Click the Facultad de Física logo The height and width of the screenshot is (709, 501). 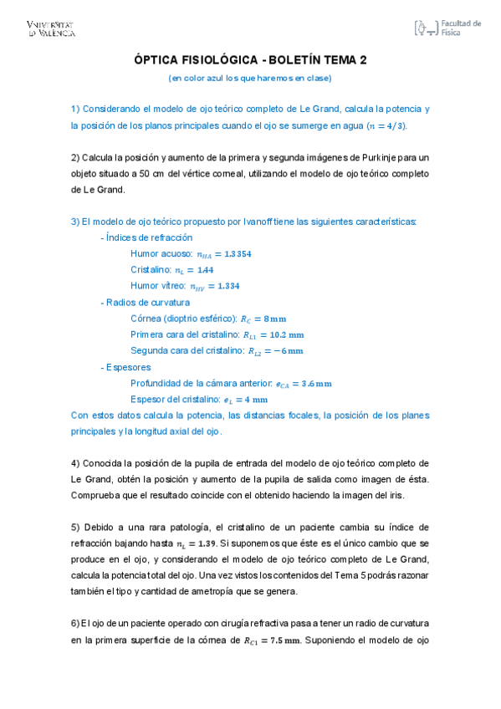click(x=447, y=28)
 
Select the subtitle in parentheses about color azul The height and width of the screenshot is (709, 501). click(x=250, y=78)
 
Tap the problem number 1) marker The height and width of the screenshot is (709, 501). click(x=75, y=109)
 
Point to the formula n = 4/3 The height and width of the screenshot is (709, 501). click(x=391, y=125)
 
